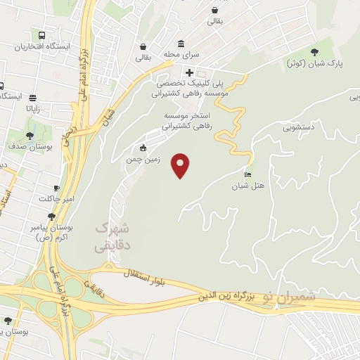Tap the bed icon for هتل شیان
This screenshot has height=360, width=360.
coord(247,174)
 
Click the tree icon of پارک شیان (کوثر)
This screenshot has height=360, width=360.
coord(314,52)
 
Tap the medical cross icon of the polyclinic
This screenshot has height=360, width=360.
coord(189,72)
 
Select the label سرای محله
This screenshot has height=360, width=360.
coord(183,54)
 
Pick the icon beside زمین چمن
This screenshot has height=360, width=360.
coord(143,148)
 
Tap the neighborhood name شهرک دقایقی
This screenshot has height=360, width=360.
coord(112,237)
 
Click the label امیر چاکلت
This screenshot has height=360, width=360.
coord(56,198)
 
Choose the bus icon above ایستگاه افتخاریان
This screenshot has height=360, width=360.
coord(41,34)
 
